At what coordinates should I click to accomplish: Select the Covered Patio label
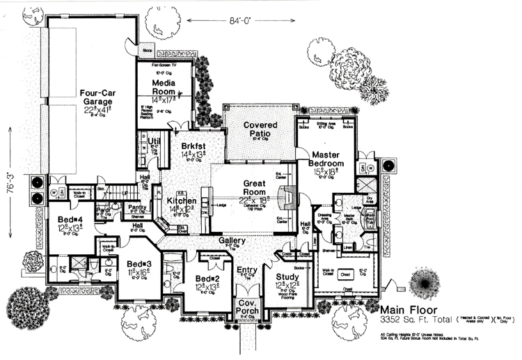(260, 129)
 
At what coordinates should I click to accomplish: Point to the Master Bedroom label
(325, 157)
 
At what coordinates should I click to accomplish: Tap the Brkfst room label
(191, 147)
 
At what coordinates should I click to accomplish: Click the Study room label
(287, 276)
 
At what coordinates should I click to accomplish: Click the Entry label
(246, 270)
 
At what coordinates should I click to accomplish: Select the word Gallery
(232, 240)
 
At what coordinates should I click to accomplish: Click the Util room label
(155, 141)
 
